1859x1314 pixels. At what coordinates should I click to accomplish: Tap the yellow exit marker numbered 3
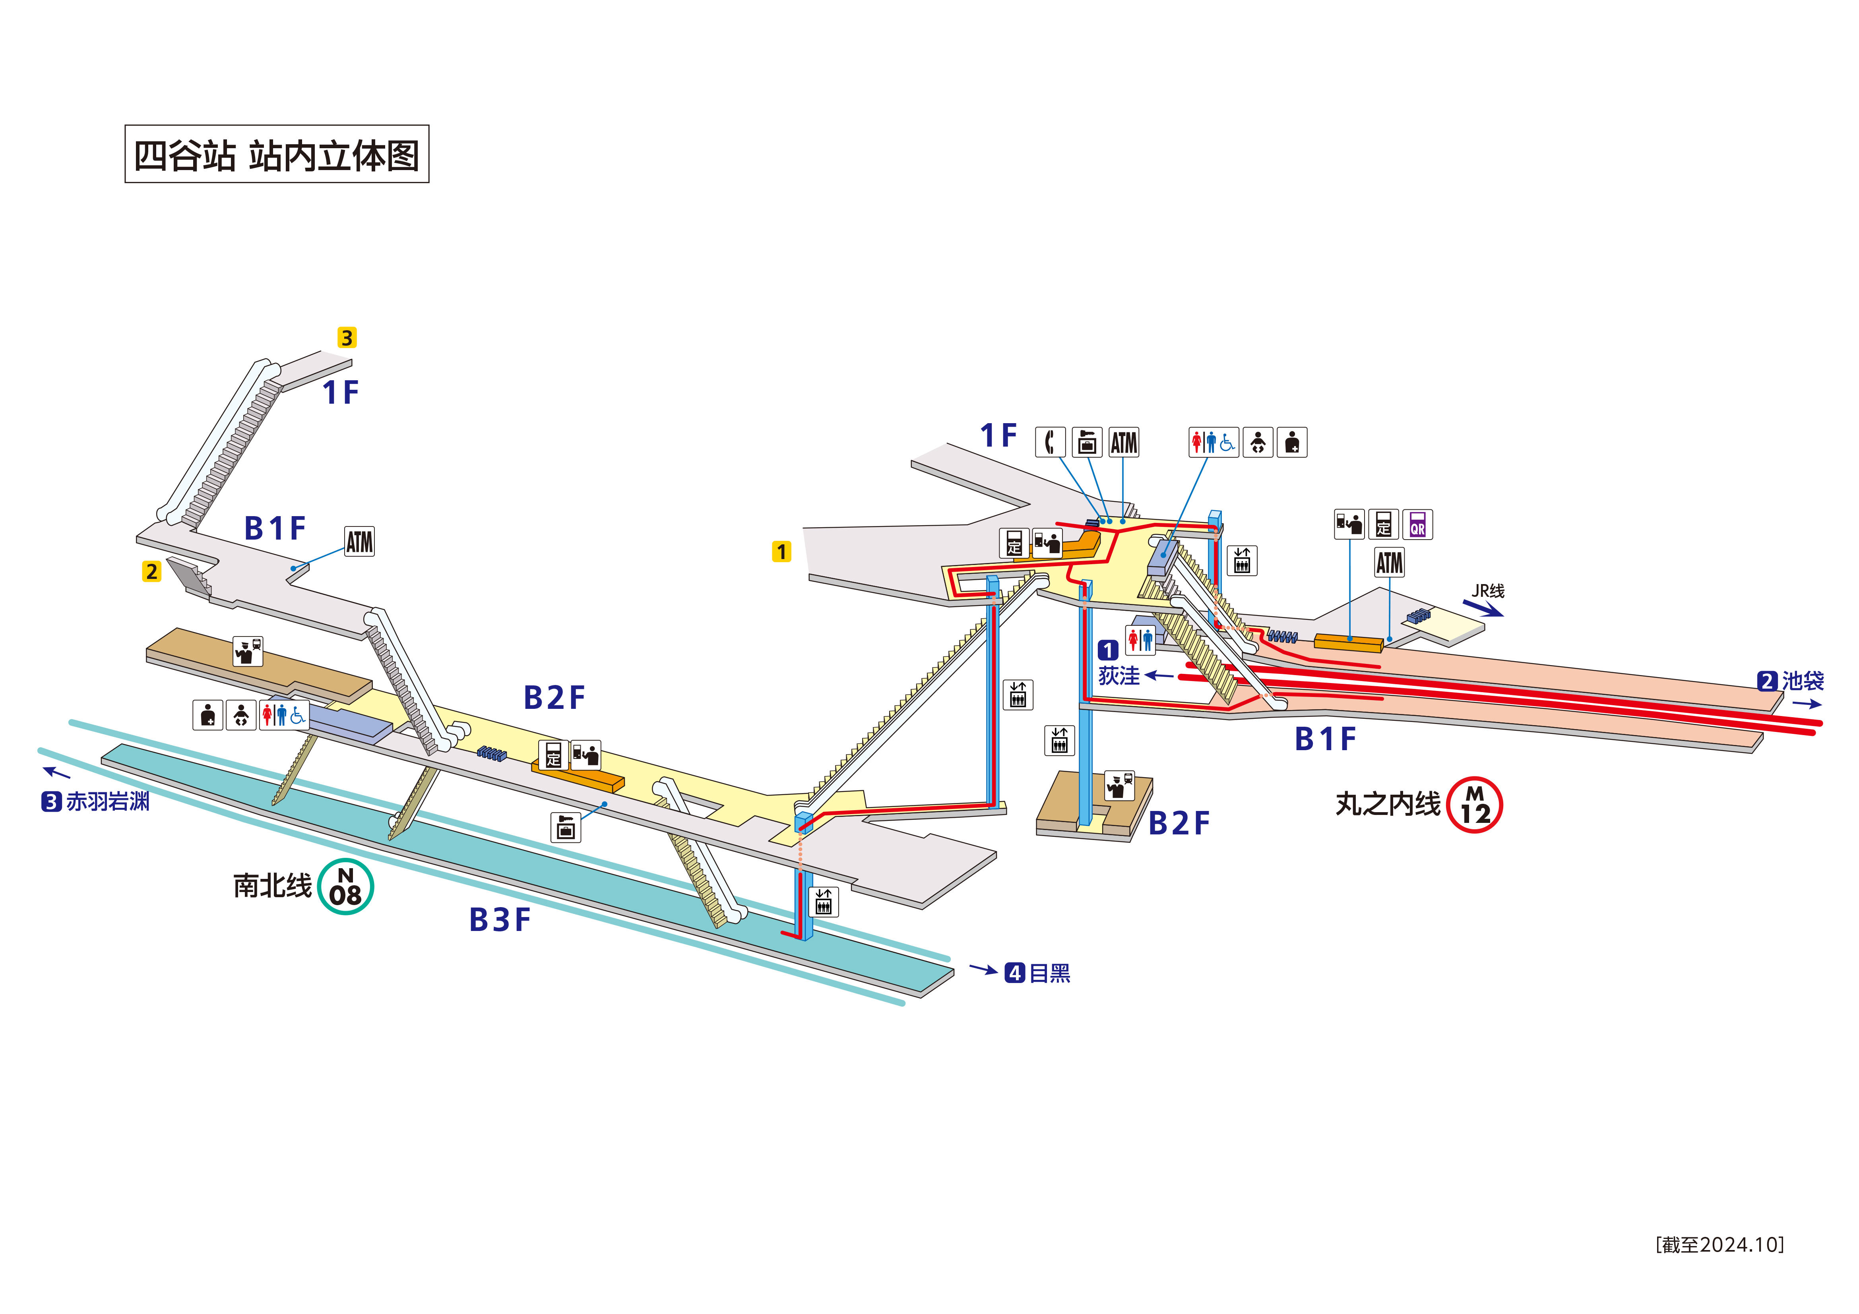click(347, 338)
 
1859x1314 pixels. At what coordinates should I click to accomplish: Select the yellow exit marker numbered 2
click(151, 572)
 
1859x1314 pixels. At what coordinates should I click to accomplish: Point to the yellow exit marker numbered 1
click(781, 552)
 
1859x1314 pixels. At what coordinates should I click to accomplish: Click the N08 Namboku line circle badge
click(346, 886)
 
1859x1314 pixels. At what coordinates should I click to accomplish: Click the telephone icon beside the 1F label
click(1050, 442)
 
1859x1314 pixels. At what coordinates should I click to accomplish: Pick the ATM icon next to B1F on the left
click(359, 542)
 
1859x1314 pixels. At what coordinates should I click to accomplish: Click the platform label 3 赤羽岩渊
click(95, 801)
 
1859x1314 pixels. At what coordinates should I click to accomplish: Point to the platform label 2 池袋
click(1790, 681)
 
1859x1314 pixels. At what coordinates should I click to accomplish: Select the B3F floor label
click(500, 920)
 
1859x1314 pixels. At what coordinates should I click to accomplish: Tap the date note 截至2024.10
click(1720, 1244)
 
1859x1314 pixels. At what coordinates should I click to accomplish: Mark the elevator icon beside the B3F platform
click(824, 901)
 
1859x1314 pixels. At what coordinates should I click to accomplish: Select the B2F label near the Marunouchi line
click(1179, 823)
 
